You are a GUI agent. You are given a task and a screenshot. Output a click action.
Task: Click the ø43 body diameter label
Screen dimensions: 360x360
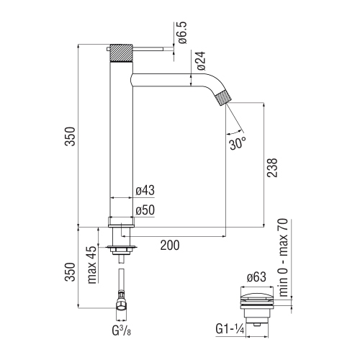146,191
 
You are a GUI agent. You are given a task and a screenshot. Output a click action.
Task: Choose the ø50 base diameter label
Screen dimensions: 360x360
146,210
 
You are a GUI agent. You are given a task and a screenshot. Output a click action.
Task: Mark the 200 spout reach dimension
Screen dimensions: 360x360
169,246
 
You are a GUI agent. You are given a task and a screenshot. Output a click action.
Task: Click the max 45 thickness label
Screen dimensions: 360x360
91,264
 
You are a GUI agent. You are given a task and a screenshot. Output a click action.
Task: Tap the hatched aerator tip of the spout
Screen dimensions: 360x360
224,97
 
